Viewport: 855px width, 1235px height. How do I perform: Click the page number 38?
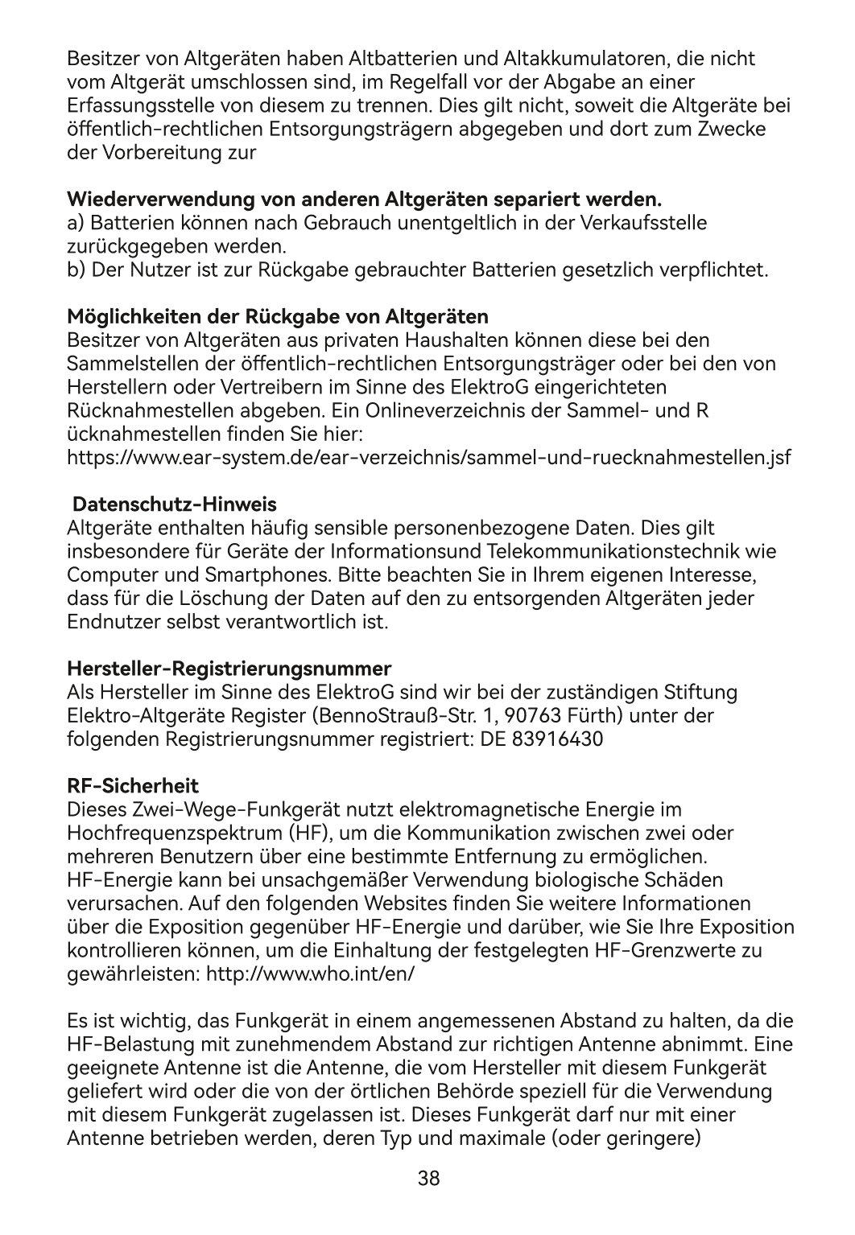[x=428, y=1179]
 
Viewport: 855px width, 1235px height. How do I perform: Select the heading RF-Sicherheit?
[x=132, y=785]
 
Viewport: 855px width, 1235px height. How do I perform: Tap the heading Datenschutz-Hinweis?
[x=175, y=505]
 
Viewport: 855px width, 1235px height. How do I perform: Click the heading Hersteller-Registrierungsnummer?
[x=229, y=669]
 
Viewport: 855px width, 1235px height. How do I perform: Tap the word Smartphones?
[x=266, y=575]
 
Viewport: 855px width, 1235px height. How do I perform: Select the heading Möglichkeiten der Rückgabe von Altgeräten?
[x=278, y=314]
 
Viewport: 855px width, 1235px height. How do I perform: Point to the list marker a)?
[x=76, y=222]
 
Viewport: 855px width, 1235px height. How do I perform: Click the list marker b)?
[x=76, y=269]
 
